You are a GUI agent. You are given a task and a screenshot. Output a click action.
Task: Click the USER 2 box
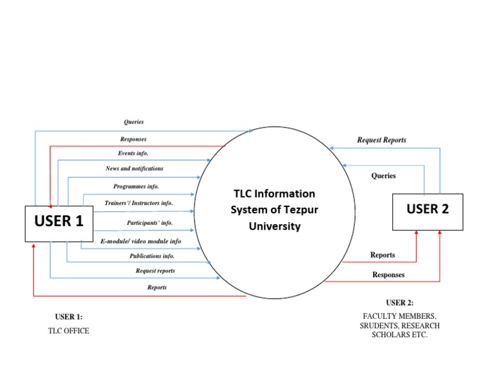point(428,211)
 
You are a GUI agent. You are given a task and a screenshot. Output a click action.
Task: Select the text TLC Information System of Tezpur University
point(274,210)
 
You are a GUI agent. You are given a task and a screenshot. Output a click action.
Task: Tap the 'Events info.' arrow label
point(133,153)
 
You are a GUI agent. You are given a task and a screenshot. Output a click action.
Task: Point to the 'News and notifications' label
point(134,169)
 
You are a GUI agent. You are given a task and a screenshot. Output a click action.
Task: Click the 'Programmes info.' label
point(136,187)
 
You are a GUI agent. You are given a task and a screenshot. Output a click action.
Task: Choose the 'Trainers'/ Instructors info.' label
point(139,203)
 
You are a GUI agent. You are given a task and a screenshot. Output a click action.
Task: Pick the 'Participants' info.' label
point(150,223)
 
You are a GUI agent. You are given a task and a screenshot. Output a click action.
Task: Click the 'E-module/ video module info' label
point(141,241)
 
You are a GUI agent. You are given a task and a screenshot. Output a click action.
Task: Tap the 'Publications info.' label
point(152,256)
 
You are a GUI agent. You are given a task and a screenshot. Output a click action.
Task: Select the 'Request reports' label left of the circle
point(155,271)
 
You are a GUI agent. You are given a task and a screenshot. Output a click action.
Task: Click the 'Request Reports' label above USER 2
point(381,140)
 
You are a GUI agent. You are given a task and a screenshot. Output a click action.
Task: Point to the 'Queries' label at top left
point(133,122)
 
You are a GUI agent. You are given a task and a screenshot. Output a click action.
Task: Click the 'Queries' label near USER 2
point(383,176)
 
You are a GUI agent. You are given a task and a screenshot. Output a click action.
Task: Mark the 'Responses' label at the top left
point(133,139)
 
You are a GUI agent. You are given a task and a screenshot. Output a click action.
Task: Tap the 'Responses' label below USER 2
point(388,275)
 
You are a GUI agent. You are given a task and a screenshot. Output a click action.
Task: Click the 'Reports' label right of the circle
point(383,255)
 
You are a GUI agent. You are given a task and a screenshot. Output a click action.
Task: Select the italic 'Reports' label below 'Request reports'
point(157,288)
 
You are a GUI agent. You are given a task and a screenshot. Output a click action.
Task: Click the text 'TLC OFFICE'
point(69,331)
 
